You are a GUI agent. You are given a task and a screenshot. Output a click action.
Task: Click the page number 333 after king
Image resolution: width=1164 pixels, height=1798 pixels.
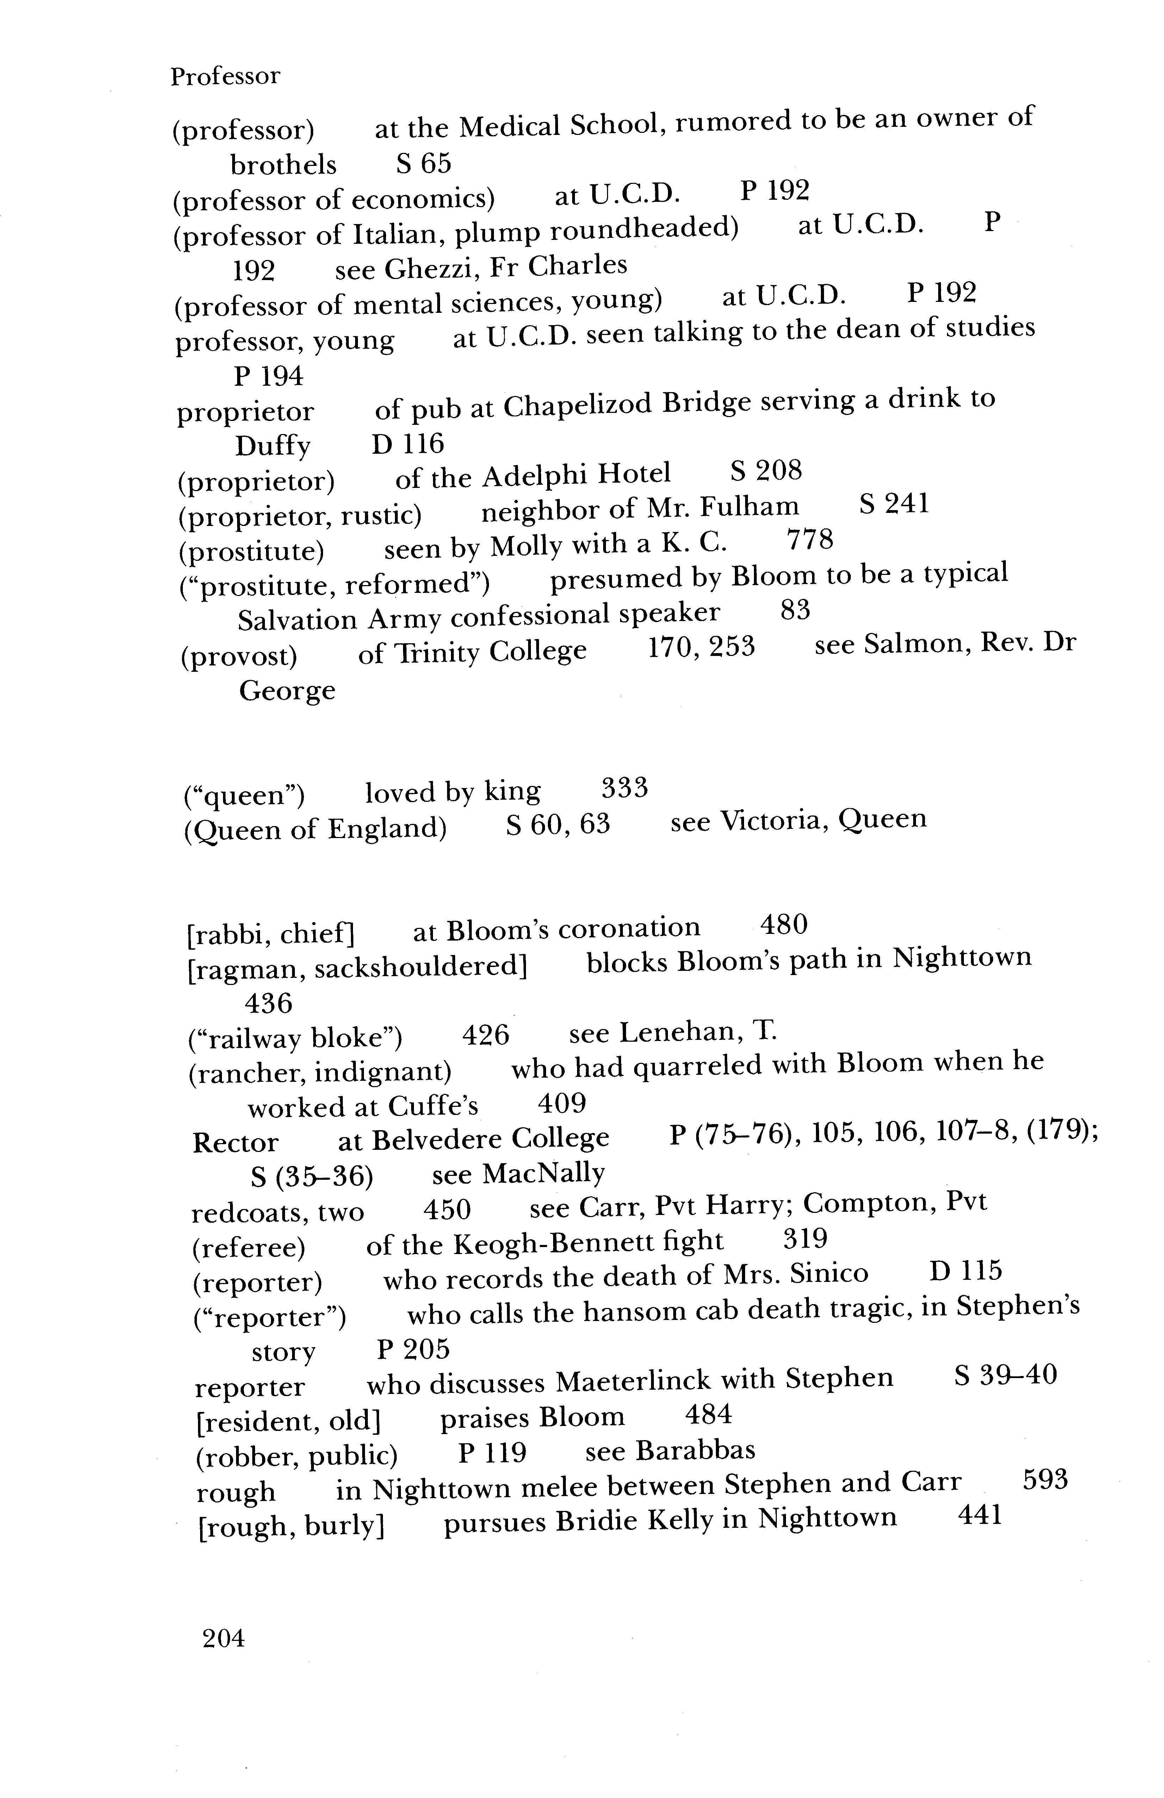tap(624, 789)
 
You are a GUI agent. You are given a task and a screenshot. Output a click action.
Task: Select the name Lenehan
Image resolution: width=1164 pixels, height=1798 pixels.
tap(677, 1032)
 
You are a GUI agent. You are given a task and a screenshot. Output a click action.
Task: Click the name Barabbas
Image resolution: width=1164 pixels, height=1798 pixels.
tap(695, 1450)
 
